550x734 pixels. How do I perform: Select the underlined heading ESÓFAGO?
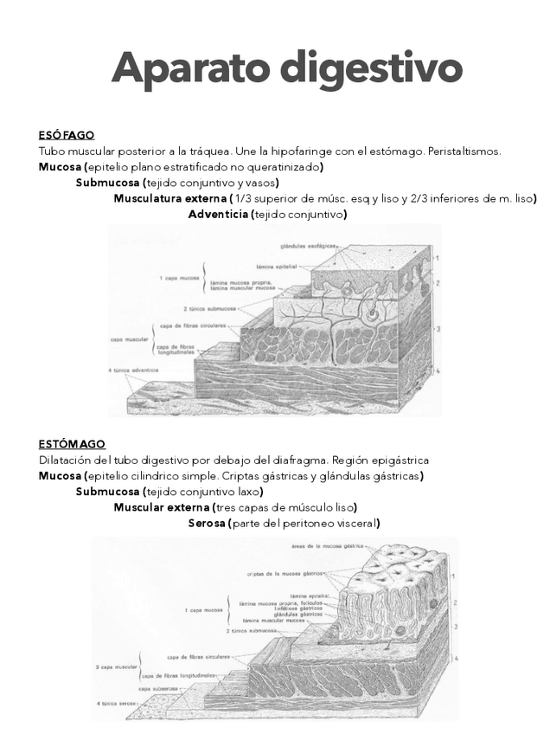pos(66,135)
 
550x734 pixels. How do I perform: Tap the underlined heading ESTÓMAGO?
pos(72,444)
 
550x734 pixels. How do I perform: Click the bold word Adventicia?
pos(217,214)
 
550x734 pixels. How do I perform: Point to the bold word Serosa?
pos(207,523)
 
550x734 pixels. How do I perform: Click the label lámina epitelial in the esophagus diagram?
pos(278,267)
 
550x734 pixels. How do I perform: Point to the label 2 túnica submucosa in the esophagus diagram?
pos(210,308)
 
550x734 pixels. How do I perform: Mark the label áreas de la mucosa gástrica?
pos(328,546)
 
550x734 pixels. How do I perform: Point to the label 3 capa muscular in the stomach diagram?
pos(115,667)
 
